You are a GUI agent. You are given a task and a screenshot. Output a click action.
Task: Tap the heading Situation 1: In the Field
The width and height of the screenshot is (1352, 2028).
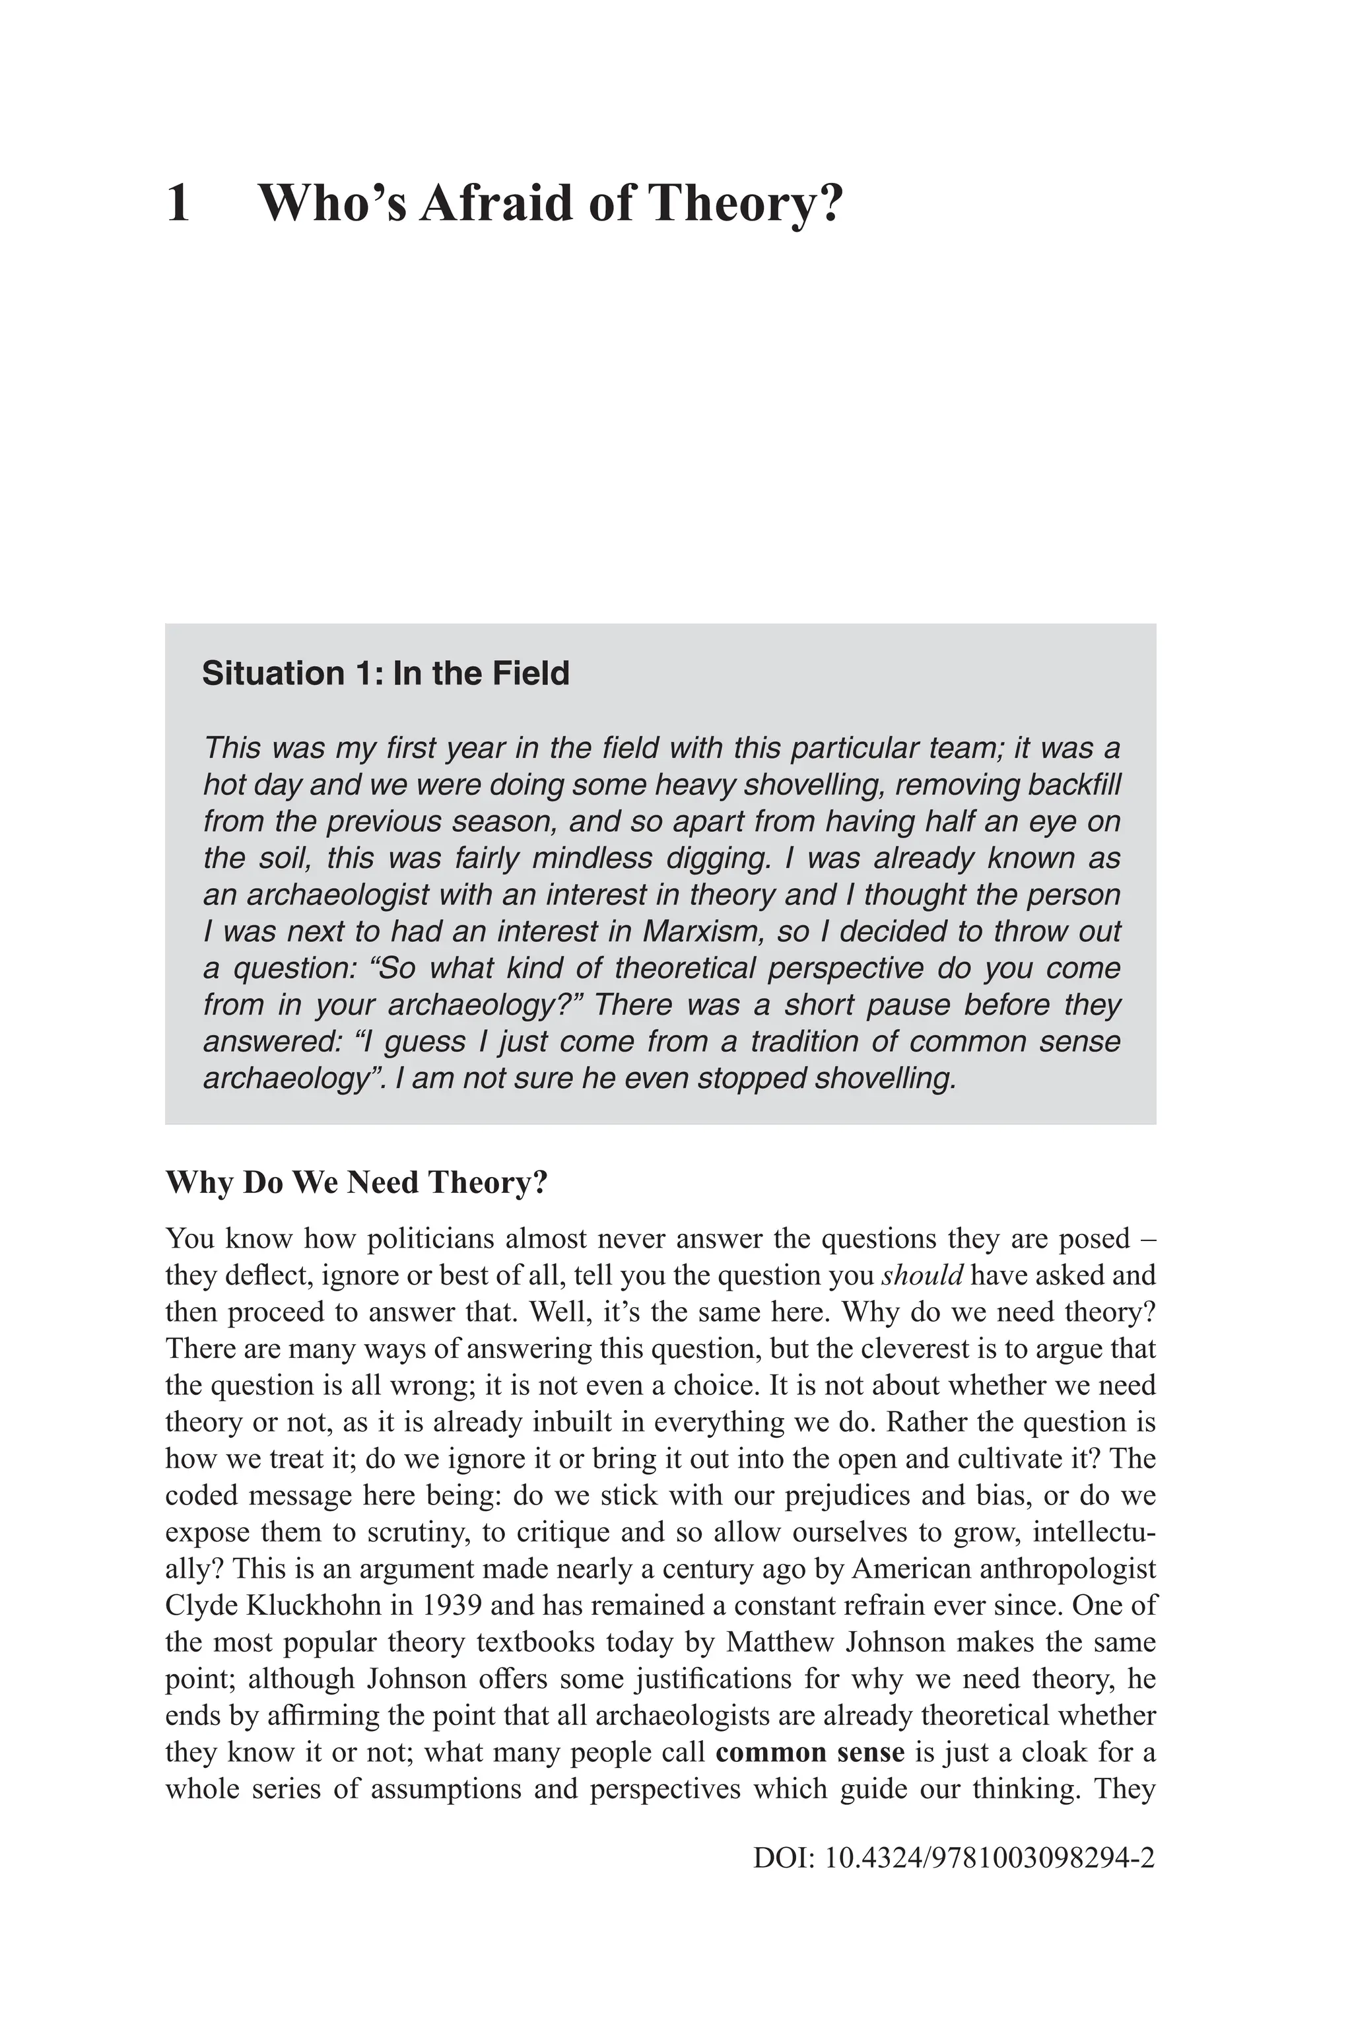pos(386,673)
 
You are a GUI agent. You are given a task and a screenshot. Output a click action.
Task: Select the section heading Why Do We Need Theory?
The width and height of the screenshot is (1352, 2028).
pos(357,1182)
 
